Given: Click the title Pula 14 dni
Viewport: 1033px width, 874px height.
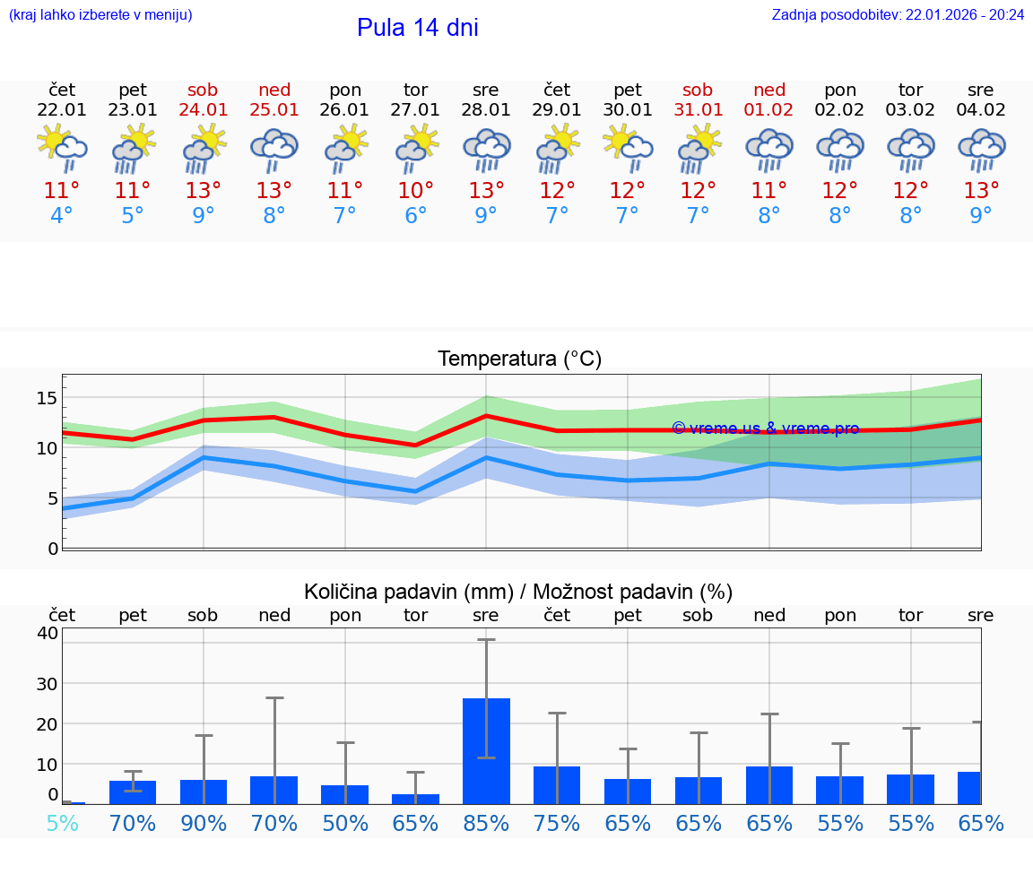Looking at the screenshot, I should point(417,28).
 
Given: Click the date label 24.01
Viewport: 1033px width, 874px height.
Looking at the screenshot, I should point(204,110).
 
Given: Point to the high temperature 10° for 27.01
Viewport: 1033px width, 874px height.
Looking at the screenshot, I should point(415,190).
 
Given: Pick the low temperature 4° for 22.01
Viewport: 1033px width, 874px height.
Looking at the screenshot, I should point(62,216).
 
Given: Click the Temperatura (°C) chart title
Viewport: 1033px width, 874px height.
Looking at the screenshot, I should point(519,359).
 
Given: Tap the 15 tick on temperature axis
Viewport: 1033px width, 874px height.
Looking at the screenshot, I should point(47,398).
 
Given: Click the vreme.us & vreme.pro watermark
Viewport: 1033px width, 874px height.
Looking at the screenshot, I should point(765,428).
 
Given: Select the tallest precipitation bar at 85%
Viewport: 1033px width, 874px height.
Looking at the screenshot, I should point(486,751).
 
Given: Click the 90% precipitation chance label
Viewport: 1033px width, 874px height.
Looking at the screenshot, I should point(204,823).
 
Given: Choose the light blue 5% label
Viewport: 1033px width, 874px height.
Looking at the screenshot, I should point(62,823).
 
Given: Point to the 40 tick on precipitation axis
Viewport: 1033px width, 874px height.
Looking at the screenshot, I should point(47,633).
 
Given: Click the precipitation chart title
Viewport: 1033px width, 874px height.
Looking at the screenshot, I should point(518,592).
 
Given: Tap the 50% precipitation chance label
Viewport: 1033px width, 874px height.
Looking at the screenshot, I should point(345,823).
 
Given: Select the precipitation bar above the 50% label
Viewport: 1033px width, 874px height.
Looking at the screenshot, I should point(345,794).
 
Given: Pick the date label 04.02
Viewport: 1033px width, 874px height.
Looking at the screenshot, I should point(981,110).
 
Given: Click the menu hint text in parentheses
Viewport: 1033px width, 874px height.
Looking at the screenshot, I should point(100,15).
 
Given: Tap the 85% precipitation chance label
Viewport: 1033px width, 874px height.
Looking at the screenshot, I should point(486,823).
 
